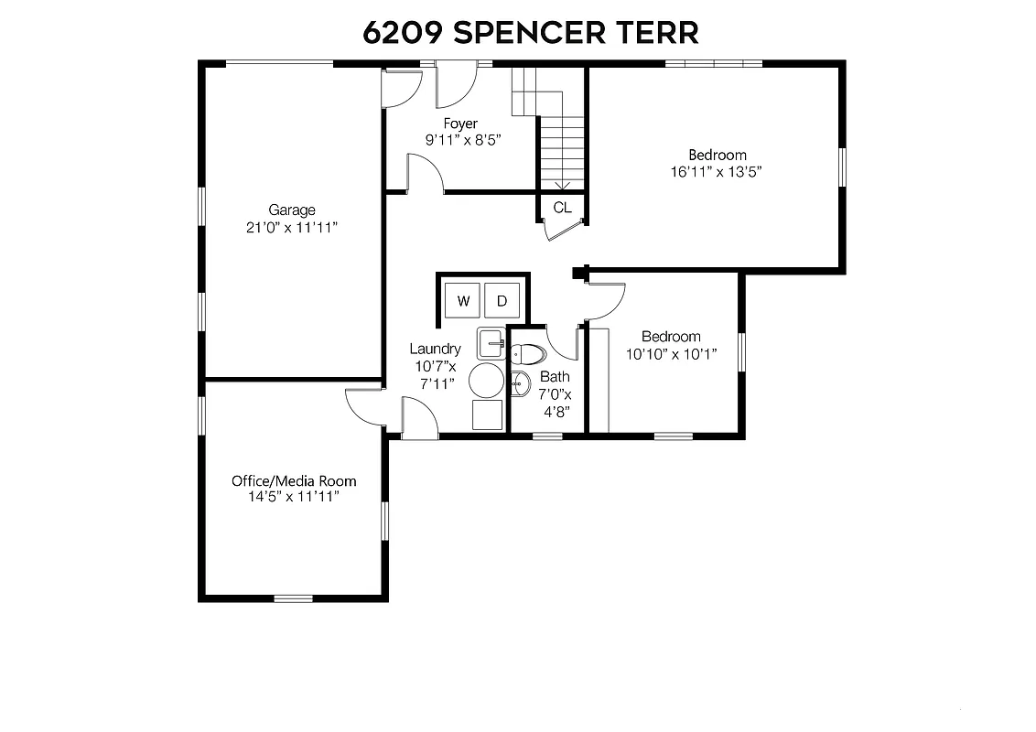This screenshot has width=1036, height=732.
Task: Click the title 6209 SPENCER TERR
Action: tap(531, 32)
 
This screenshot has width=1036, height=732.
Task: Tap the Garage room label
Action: tap(292, 210)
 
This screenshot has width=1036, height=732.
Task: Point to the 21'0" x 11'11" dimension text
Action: tap(292, 228)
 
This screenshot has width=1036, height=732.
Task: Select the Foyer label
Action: tap(460, 124)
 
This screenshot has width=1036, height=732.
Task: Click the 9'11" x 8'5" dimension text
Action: tap(463, 140)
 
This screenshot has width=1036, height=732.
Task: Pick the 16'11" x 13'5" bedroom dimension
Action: tap(717, 171)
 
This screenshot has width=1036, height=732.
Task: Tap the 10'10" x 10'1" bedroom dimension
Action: tap(671, 353)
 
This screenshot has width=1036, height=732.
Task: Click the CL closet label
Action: tap(562, 208)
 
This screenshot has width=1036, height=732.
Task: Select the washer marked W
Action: tap(463, 300)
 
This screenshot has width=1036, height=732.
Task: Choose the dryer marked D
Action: tap(502, 300)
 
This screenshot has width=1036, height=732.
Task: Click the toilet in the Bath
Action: tap(528, 354)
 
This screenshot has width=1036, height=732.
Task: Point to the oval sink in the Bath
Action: tap(521, 384)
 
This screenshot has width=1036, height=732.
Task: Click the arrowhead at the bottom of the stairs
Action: tap(562, 184)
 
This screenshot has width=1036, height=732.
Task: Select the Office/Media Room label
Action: tap(294, 480)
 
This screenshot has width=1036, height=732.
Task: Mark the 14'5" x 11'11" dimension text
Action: tap(294, 497)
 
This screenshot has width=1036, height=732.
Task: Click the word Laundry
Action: tap(435, 349)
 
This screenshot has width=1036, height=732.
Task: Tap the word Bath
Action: tap(555, 376)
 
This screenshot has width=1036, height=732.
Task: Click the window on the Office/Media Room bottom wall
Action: tap(293, 598)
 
